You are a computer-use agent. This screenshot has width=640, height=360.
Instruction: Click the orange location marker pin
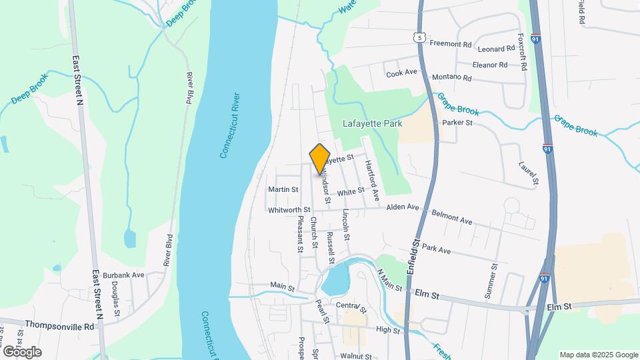coord(320,159)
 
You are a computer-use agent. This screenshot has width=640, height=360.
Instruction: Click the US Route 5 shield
coord(418,37)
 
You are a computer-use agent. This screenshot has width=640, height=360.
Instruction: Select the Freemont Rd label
coord(450,45)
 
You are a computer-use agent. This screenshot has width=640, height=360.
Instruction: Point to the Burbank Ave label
coord(129,275)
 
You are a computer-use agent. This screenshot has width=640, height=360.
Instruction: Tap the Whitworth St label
coord(289,209)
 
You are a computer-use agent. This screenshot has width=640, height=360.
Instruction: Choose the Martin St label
coord(283,189)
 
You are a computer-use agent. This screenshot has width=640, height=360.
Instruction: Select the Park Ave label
coord(437,249)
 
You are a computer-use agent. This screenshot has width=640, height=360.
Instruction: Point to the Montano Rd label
coord(451,77)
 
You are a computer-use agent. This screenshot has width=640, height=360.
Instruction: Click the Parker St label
coord(457,123)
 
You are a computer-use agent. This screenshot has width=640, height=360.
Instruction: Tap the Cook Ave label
coord(401,73)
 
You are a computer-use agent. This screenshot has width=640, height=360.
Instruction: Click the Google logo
coord(22,351)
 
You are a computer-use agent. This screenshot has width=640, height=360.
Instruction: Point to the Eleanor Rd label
coord(489,65)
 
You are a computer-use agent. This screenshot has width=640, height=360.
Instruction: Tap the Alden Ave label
coord(403,207)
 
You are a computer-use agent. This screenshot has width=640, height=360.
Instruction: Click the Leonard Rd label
coord(497,49)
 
